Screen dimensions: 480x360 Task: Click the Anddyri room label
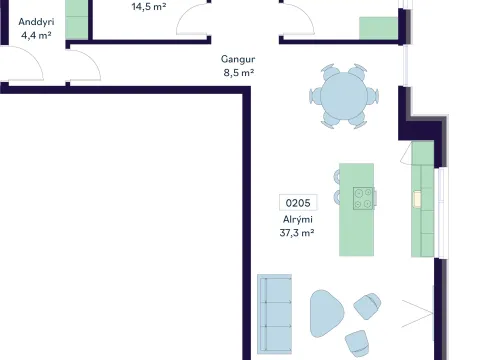36,22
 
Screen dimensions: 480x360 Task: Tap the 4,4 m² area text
36,35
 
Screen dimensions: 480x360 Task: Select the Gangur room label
238,59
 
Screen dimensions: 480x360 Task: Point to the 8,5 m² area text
239,72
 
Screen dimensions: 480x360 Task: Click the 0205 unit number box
298,203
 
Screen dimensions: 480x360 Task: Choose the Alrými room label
298,220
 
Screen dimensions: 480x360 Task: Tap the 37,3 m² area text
297,232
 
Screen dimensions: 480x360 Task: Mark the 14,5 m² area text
149,6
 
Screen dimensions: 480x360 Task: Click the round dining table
344,96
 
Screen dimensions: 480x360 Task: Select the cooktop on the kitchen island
363,198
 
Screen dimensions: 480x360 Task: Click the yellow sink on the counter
417,199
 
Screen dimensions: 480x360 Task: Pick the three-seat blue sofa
275,314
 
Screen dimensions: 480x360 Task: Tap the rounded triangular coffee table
326,313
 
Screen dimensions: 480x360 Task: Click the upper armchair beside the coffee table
367,306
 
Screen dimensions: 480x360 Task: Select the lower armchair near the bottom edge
357,343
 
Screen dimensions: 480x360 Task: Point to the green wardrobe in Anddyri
76,20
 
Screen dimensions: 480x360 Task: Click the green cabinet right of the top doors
378,28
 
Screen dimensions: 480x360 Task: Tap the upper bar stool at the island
337,177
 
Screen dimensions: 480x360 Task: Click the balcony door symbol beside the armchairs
418,314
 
